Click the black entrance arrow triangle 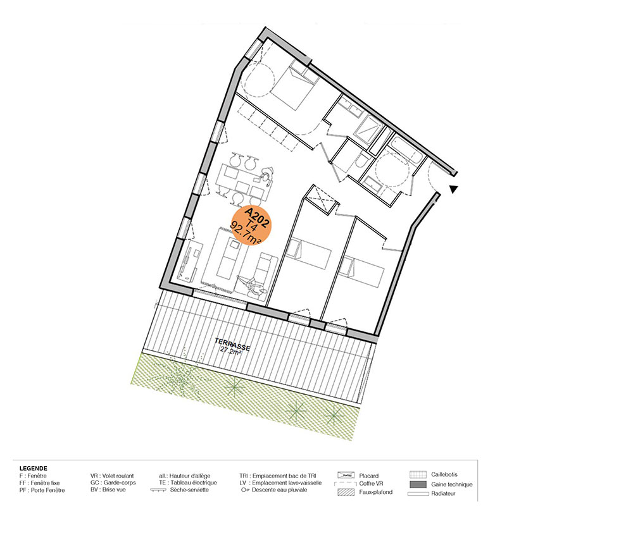[x=454, y=188]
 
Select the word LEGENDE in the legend [x=33, y=468]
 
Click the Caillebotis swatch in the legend [x=418, y=475]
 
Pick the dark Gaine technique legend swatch [x=418, y=484]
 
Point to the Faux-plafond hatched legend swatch [x=346, y=493]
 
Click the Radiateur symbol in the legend [x=418, y=493]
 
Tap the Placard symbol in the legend [x=346, y=476]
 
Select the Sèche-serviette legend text [x=189, y=490]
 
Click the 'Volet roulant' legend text [x=118, y=476]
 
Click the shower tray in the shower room [x=368, y=128]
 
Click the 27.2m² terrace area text [x=230, y=350]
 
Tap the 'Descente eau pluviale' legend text [x=279, y=490]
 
